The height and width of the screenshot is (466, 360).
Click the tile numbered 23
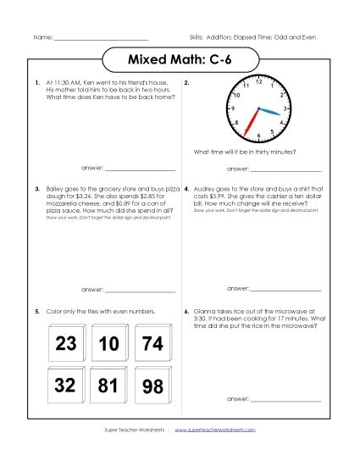(x=65, y=344)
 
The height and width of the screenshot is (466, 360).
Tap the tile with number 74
(x=152, y=344)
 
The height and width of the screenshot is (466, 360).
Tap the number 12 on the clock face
(x=258, y=81)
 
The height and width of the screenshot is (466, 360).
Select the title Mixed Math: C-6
(x=180, y=60)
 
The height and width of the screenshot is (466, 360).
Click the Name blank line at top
(x=101, y=39)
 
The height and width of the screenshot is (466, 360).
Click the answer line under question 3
(x=140, y=291)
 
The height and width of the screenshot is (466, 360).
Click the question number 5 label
(x=36, y=312)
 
